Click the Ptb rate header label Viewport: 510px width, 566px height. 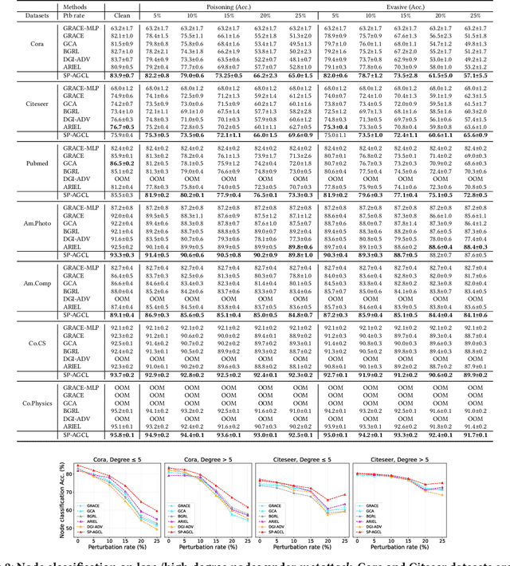(73, 15)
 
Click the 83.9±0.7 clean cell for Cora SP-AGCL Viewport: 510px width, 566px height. (122, 74)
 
